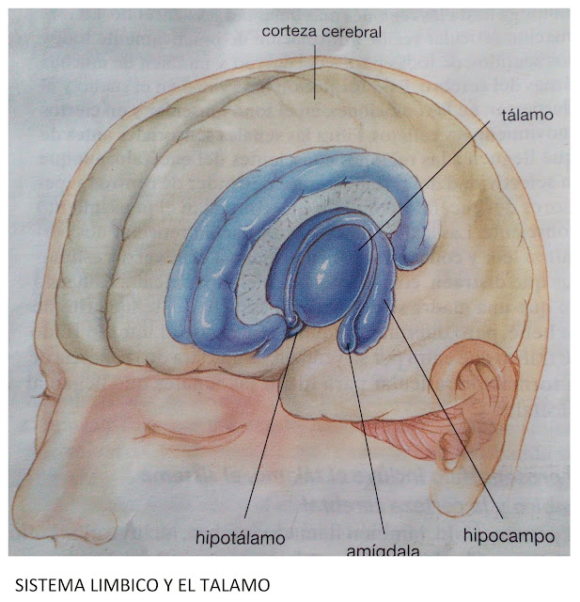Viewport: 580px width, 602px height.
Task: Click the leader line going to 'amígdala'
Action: click(367, 442)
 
